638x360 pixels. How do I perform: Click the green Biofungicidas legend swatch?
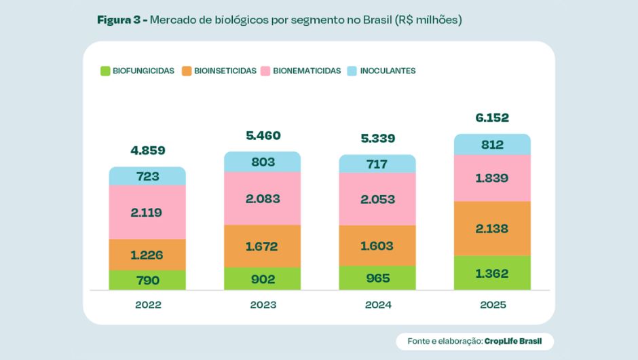pos(105,71)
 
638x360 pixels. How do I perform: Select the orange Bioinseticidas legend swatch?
pos(187,71)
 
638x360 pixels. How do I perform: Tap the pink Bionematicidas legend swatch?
pos(265,71)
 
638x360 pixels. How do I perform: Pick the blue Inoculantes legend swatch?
pos(352,71)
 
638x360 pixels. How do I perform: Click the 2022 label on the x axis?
pos(148,305)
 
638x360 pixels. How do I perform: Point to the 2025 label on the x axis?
pos(492,305)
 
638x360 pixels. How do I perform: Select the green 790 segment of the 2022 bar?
pos(147,280)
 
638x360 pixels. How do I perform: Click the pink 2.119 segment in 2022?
pos(147,212)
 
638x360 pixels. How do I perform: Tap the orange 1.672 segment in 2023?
pos(263,246)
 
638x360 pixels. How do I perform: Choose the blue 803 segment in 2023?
pos(263,162)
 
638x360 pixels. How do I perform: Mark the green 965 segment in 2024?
pos(377,278)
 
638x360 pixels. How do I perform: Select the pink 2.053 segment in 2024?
pos(377,199)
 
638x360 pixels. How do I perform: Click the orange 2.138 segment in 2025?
pos(492,229)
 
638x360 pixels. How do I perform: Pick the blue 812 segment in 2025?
pos(492,144)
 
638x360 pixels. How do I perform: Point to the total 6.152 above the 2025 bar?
pos(492,118)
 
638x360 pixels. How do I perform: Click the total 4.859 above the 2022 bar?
pos(147,150)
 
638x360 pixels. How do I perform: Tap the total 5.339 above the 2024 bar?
pos(377,139)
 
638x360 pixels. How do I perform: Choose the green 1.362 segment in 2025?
pos(492,273)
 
